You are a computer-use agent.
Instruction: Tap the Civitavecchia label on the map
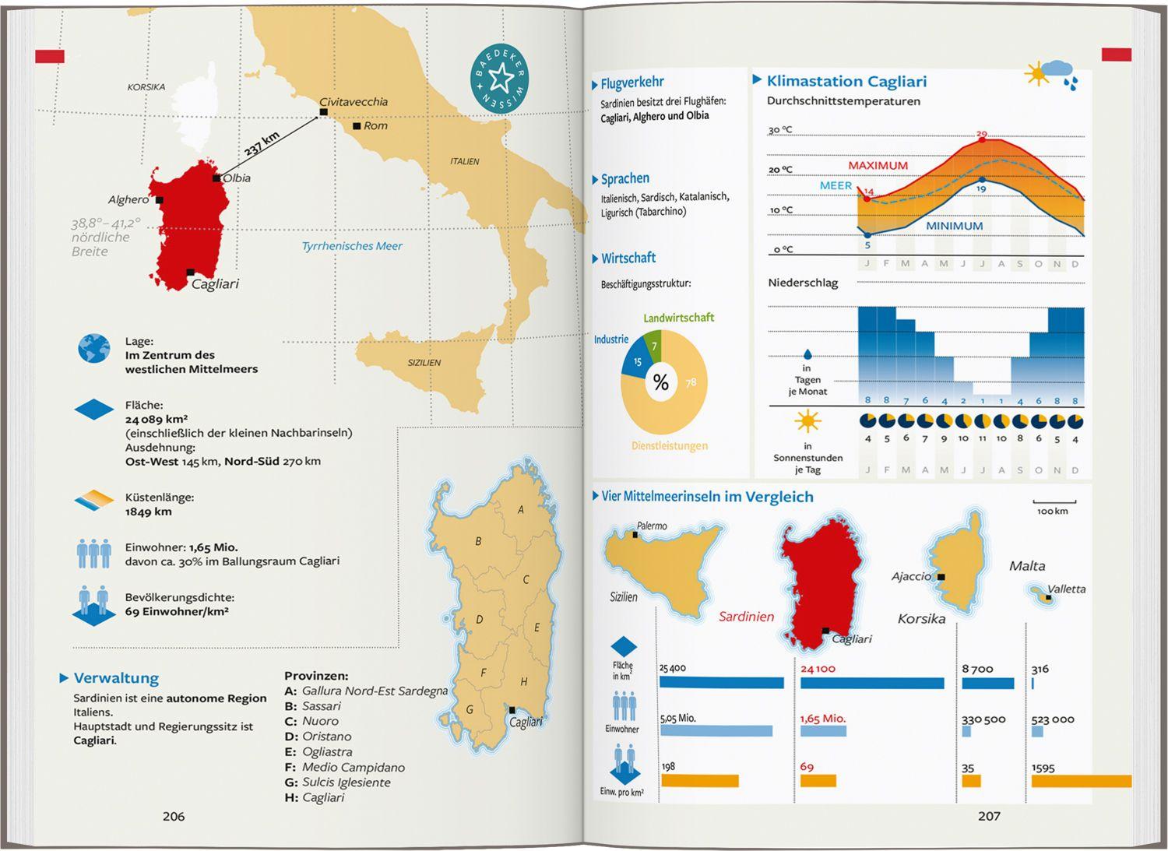click(x=354, y=102)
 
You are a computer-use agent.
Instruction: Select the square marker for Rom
click(x=357, y=125)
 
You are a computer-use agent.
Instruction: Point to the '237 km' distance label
click(x=262, y=144)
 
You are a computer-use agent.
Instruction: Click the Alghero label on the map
click(x=128, y=200)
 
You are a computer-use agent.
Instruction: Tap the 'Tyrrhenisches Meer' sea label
click(x=352, y=246)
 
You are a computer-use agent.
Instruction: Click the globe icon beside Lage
click(x=94, y=348)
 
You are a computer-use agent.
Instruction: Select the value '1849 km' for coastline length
click(x=149, y=512)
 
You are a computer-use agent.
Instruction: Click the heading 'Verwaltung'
click(x=116, y=678)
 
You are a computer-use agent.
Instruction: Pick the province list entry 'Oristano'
click(x=326, y=737)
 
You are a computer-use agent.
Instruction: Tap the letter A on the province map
click(x=521, y=510)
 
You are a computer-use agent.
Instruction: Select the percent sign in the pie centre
click(x=661, y=382)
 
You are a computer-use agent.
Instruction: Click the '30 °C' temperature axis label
click(x=780, y=130)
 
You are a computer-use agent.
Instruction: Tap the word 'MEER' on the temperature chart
click(x=836, y=186)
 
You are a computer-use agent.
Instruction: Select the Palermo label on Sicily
click(x=652, y=526)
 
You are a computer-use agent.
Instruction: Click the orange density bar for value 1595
click(x=1081, y=781)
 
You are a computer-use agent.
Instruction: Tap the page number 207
click(x=989, y=816)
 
